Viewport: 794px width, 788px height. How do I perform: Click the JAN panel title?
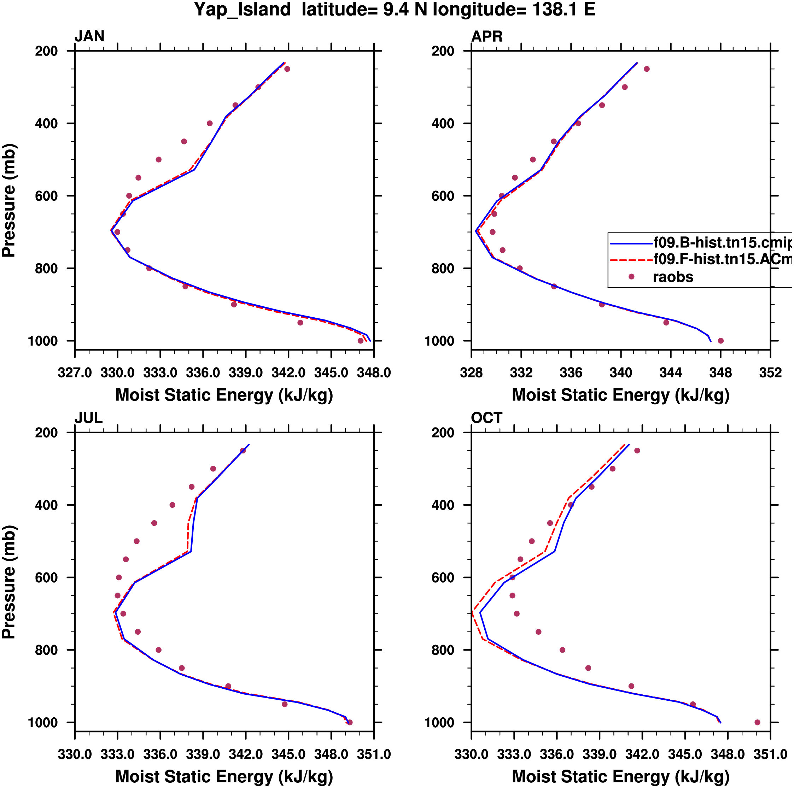click(89, 36)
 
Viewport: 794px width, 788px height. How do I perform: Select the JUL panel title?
click(88, 418)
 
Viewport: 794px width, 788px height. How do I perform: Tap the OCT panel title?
click(486, 418)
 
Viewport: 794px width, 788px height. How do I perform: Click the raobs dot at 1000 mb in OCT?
click(758, 722)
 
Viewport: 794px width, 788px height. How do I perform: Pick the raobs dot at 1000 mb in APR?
click(720, 341)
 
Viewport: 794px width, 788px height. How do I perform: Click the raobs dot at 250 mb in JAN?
click(287, 69)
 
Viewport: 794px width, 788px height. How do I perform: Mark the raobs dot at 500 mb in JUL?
click(137, 541)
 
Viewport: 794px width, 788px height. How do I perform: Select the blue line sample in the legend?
click(631, 243)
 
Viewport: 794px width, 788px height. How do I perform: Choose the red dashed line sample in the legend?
click(631, 260)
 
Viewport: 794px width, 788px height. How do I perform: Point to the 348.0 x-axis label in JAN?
click(373, 373)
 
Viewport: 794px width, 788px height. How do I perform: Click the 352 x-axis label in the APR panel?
click(770, 373)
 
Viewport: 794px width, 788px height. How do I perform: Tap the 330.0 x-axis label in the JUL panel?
click(75, 754)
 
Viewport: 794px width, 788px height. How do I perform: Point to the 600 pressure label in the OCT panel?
click(443, 578)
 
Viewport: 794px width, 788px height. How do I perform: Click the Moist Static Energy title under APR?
click(620, 395)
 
